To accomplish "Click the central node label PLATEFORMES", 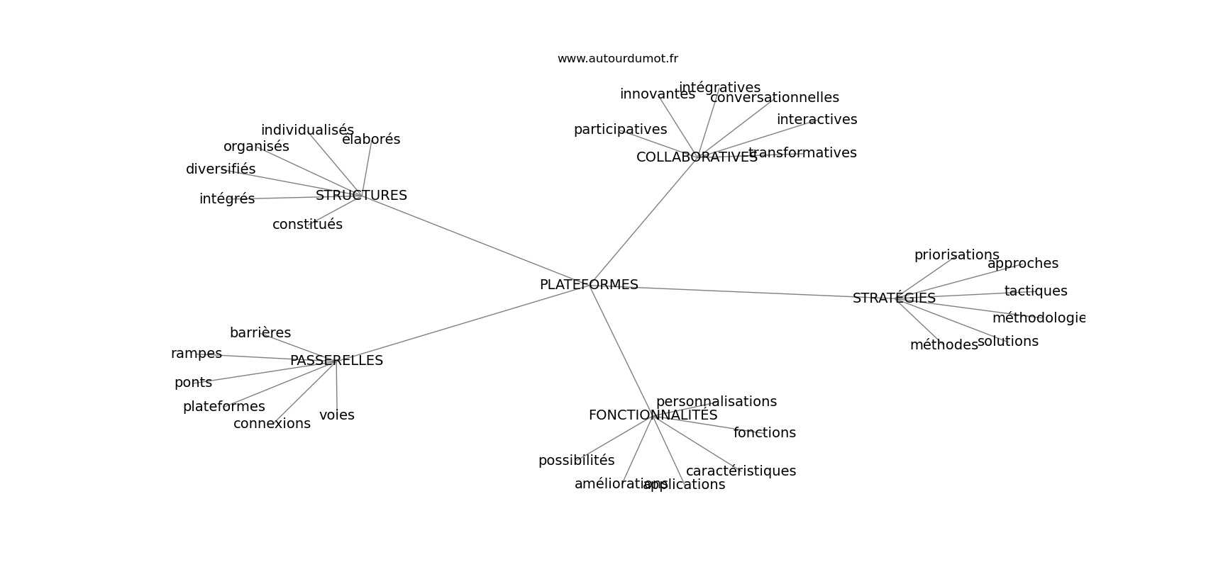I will pyautogui.click(x=589, y=285).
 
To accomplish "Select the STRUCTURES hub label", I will pyautogui.click(x=361, y=196).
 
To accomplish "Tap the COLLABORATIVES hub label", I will pyautogui.click(x=697, y=157).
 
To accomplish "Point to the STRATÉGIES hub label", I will pyautogui.click(x=894, y=298).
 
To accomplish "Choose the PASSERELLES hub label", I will pyautogui.click(x=336, y=361).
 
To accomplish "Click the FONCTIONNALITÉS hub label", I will pyautogui.click(x=653, y=415).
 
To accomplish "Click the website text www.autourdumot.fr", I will pyautogui.click(x=617, y=59).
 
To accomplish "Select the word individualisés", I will pyautogui.click(x=307, y=130).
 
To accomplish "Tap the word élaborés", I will pyautogui.click(x=371, y=140).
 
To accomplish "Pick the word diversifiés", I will pyautogui.click(x=221, y=169).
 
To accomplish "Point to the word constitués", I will pyautogui.click(x=307, y=225).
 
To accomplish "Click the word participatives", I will pyautogui.click(x=620, y=130).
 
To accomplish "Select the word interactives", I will pyautogui.click(x=817, y=120).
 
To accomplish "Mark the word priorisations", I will pyautogui.click(x=956, y=255).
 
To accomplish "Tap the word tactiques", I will pyautogui.click(x=1035, y=291).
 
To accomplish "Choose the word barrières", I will pyautogui.click(x=260, y=333).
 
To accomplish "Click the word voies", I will pyautogui.click(x=337, y=415).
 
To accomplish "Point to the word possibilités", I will pyautogui.click(x=576, y=461).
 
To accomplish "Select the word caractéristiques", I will pyautogui.click(x=741, y=471).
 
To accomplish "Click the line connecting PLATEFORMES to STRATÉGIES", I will pyautogui.click(x=745, y=292).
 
